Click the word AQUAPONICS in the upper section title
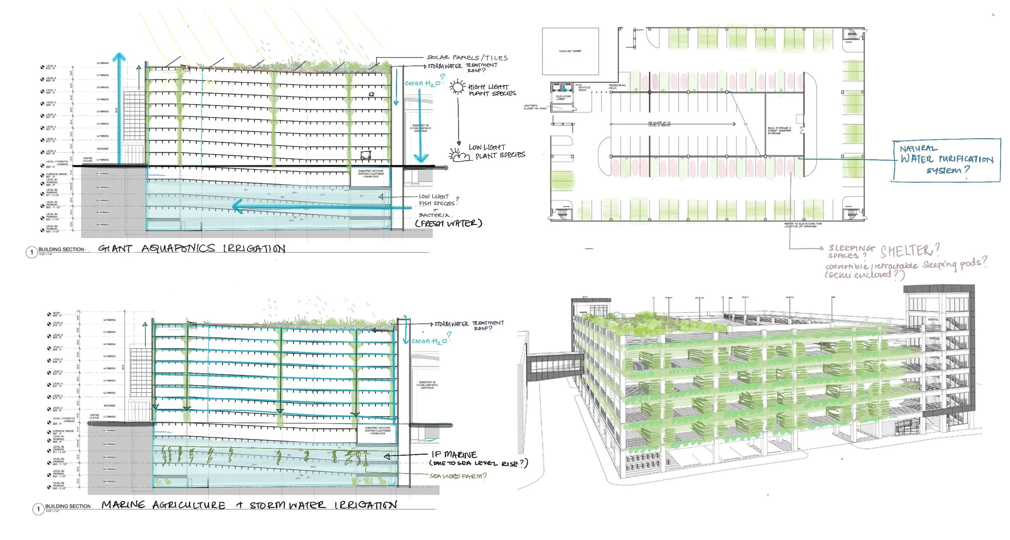coord(178,248)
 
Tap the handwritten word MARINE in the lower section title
coord(123,505)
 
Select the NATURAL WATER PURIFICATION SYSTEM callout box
coord(946,160)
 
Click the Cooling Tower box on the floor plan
coord(570,51)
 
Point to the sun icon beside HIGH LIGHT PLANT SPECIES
coord(458,87)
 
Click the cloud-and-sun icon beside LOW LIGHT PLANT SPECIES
coord(459,155)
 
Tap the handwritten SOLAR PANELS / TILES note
coord(467,58)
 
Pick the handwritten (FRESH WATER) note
coord(448,223)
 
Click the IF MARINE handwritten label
coord(454,455)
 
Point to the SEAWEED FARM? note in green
coord(458,476)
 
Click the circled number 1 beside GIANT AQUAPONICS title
coord(32,252)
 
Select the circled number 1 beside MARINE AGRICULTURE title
coord(38,509)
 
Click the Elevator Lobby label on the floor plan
coord(563,97)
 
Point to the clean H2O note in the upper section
coord(423,83)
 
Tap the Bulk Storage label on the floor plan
coord(779,130)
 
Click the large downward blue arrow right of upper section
coord(420,125)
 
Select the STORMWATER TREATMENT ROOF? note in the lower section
coord(469,325)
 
